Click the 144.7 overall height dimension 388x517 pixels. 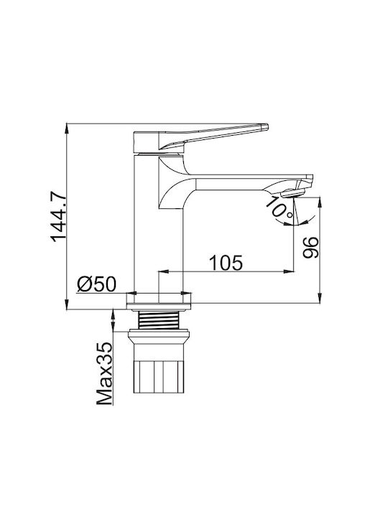tap(59, 216)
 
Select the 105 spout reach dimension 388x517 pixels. tap(226, 263)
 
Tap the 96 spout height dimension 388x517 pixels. tap(311, 247)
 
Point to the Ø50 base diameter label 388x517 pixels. tap(96, 284)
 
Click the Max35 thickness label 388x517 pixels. tap(105, 373)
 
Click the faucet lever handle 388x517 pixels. tap(200, 138)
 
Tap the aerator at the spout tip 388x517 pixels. tap(292, 193)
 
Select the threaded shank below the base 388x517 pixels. tap(159, 320)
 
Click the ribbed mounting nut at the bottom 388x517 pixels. tap(159, 377)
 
